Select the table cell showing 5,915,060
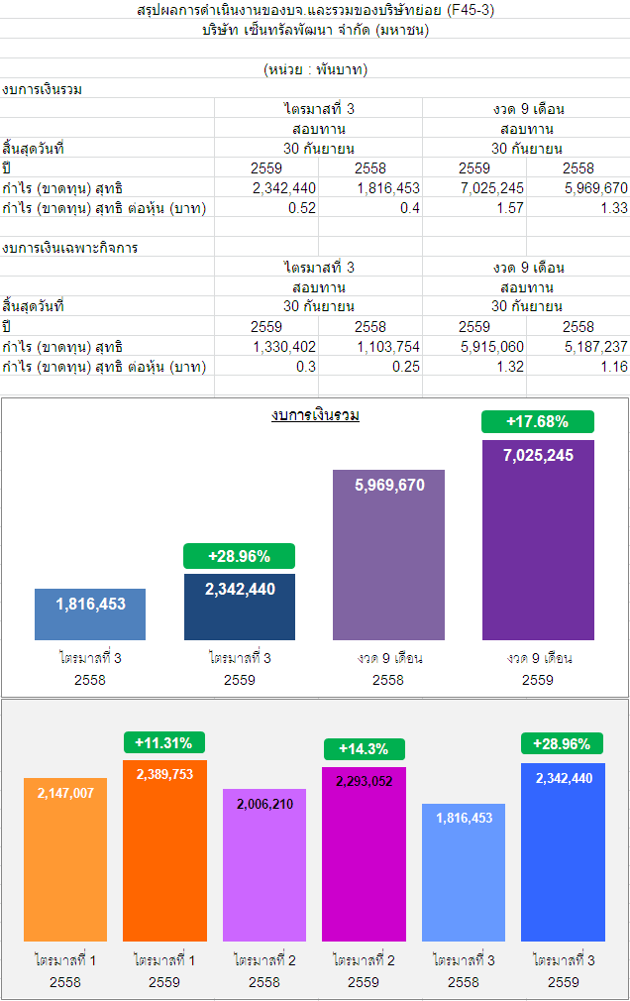(x=492, y=347)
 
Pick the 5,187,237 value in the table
(x=595, y=347)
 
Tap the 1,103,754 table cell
(x=388, y=347)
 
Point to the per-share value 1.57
(x=511, y=208)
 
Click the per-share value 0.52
(x=302, y=208)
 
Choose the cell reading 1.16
(x=614, y=367)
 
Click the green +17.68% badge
(x=537, y=421)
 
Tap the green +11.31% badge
(x=164, y=742)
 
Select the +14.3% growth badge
(x=363, y=749)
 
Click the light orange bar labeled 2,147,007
(x=65, y=859)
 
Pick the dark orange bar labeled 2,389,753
(x=164, y=850)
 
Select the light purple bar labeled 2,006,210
(x=263, y=864)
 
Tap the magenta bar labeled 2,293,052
(x=364, y=853)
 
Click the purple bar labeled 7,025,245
(x=538, y=540)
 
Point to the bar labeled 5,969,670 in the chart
(x=389, y=555)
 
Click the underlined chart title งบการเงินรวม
(x=315, y=415)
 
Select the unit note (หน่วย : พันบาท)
(x=315, y=69)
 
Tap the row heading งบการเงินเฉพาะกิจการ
(x=70, y=248)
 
